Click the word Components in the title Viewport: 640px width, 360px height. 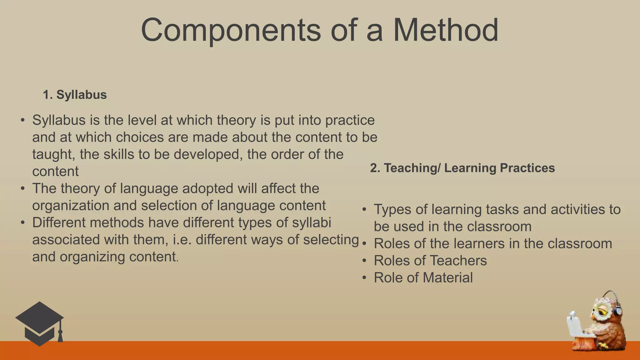(231, 30)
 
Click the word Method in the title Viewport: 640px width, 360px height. (445, 30)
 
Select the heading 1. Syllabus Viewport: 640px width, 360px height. (75, 95)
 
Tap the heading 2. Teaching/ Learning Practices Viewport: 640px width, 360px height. (462, 168)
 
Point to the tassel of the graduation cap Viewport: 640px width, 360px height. (60, 335)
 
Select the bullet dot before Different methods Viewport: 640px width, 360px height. (22, 223)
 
